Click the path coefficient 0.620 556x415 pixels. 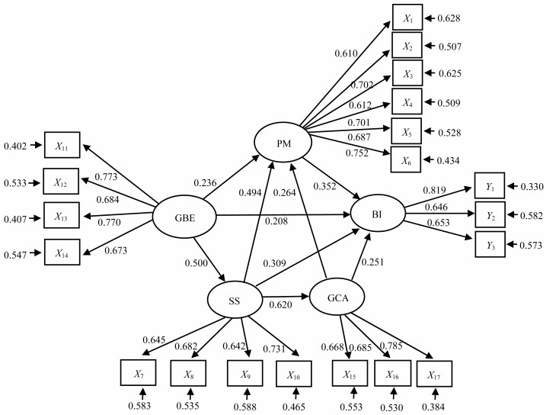click(280, 304)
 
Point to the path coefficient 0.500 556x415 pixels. click(196, 263)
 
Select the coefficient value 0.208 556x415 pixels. click(276, 221)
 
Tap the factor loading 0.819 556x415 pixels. click(434, 191)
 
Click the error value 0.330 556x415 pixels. click(532, 187)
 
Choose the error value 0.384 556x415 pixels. click(433, 407)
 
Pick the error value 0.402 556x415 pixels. click(15, 146)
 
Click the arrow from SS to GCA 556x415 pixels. click(286, 296)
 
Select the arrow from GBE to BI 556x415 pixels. click(283, 214)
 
